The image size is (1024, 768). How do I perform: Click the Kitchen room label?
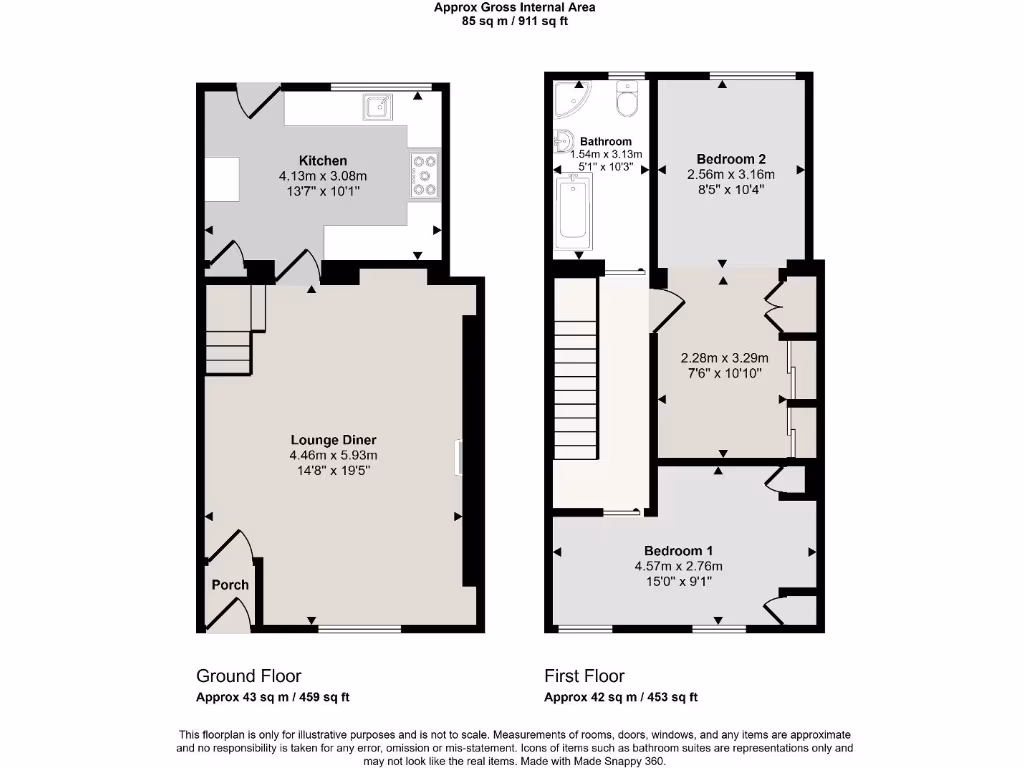323,160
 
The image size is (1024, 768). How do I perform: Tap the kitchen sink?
378,105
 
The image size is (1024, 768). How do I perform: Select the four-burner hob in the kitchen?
424,174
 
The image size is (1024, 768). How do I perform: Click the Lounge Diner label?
333,440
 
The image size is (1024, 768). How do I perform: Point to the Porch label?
229,585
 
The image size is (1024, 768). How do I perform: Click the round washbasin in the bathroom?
562,141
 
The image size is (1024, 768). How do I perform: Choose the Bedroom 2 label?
731,159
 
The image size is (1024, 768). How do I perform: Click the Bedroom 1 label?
678,551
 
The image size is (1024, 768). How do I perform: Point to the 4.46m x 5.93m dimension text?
333,456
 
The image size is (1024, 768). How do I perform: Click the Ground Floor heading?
248,676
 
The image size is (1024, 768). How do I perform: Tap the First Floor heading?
584,676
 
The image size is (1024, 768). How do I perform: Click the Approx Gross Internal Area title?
514,7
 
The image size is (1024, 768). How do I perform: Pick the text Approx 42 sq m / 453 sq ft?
620,698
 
